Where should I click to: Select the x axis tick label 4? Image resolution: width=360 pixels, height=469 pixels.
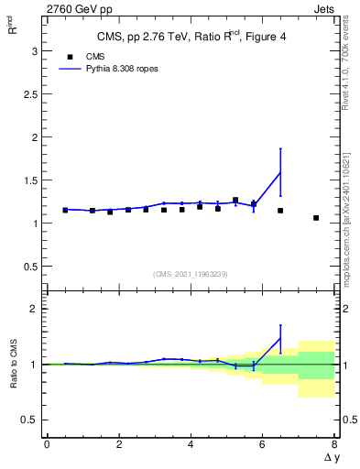pos(191,444)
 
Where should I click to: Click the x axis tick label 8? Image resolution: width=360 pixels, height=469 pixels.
pos(334,444)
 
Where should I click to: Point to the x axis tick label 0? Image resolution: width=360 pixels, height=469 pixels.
pos(47,444)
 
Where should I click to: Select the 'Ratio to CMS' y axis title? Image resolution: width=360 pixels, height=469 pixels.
pos(14,365)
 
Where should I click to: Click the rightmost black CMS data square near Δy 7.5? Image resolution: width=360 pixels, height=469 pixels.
pos(316,218)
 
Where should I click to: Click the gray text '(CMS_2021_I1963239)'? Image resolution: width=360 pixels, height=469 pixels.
pos(190,274)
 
